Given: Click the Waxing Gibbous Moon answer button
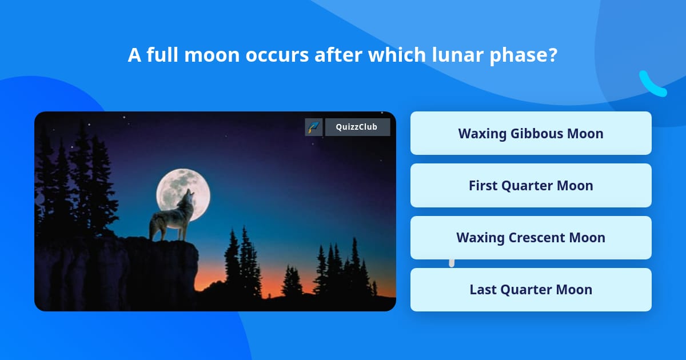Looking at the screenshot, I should coord(531,133).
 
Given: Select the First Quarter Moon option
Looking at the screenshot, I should coord(531,186).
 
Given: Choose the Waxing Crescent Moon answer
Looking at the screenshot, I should coord(531,238).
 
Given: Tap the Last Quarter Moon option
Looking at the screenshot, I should coord(531,290).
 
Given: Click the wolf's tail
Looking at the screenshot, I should coord(154,226).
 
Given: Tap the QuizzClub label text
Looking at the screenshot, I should coord(357,127).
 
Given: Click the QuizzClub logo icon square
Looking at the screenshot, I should coord(314,127).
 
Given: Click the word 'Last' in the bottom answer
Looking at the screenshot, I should coord(483,290).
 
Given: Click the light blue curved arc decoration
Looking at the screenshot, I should coord(652,85).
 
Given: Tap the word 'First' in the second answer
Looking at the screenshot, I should coord(484,186).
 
